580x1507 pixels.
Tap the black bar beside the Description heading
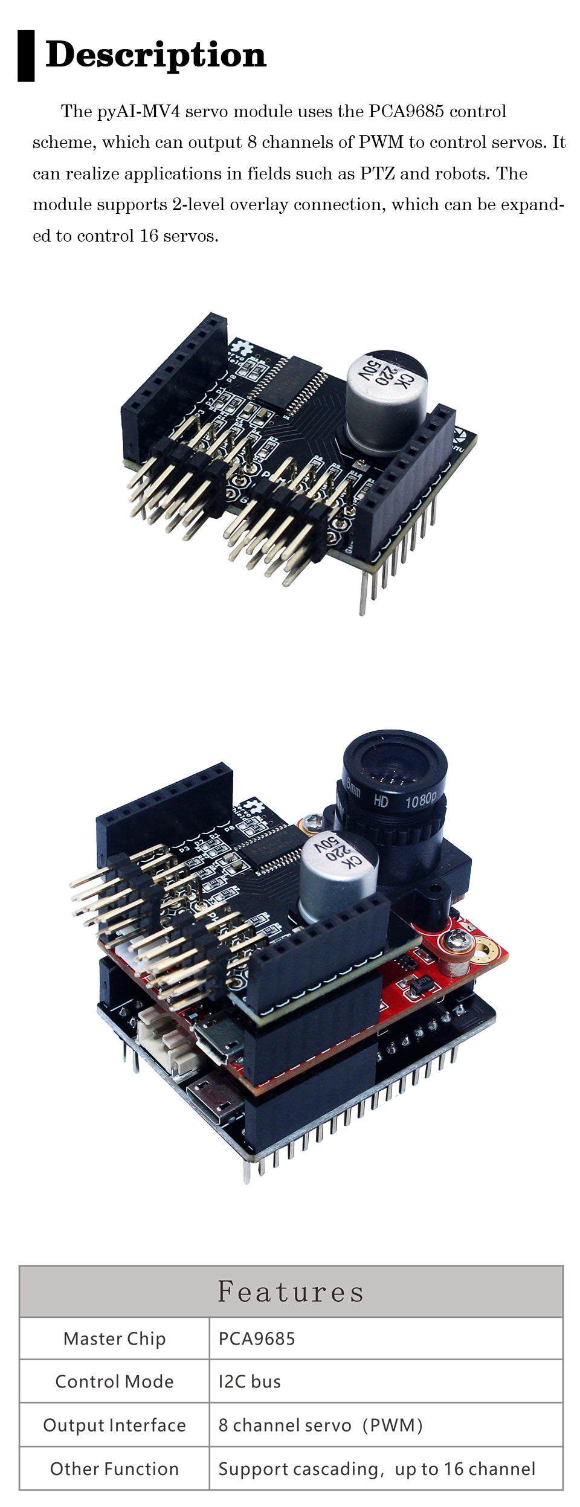(26, 56)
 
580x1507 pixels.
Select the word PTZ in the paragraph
(378, 174)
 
